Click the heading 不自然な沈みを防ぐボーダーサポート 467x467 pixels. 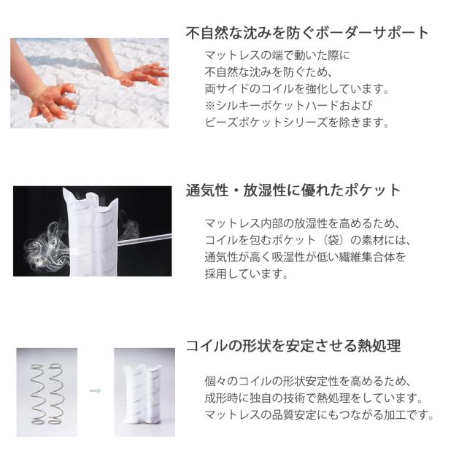click(307, 33)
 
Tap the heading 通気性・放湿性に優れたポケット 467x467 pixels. click(293, 190)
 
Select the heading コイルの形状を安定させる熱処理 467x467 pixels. click(293, 346)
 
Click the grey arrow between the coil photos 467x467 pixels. click(96, 390)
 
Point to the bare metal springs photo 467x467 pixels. click(47, 393)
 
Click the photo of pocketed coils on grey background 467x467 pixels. click(144, 393)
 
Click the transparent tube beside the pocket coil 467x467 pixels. click(144, 239)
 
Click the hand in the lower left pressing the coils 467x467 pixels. click(52, 101)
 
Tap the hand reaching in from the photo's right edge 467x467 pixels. click(143, 74)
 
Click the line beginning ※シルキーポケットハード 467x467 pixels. click(289, 105)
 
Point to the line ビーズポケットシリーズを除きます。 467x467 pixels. click(297, 122)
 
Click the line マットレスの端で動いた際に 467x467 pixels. click(277, 55)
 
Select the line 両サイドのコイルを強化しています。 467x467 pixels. click(297, 89)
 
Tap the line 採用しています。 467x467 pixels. click(247, 274)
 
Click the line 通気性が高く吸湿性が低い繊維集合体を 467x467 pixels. click(305, 257)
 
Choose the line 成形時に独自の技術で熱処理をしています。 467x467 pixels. click(314, 398)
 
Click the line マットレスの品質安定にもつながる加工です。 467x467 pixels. click(320, 414)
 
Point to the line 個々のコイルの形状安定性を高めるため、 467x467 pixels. click(308, 381)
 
